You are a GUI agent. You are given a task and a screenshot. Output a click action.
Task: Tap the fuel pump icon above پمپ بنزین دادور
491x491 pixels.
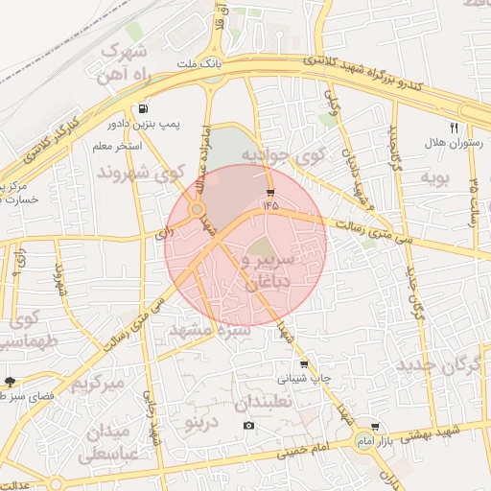click(144, 108)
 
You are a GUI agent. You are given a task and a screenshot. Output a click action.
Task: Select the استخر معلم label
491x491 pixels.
click(118, 146)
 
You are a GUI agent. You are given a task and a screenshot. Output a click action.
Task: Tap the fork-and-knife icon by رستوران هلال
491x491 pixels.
click(455, 127)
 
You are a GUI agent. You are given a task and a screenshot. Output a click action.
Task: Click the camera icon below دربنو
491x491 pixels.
click(249, 425)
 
